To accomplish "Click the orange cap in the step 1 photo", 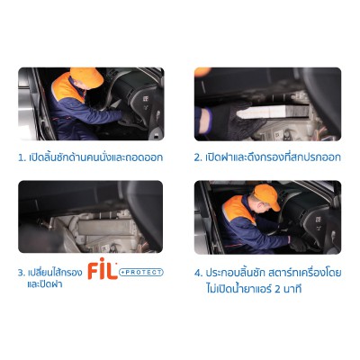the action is point(86,77).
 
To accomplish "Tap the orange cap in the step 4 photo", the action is point(266,195).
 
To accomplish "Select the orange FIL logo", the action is point(103,268).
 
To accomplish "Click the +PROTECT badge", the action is point(141,273).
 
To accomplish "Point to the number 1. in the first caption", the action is point(22,157).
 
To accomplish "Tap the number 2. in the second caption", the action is point(198,157).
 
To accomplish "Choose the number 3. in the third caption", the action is point(22,273).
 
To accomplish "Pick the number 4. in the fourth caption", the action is point(199,274).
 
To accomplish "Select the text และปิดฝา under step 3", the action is point(44,283).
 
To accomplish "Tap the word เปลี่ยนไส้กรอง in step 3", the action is point(55,273).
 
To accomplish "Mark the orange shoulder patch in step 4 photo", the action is point(238,210).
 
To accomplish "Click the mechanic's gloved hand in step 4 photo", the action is point(298,242).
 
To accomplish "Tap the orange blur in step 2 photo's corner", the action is point(202,72).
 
